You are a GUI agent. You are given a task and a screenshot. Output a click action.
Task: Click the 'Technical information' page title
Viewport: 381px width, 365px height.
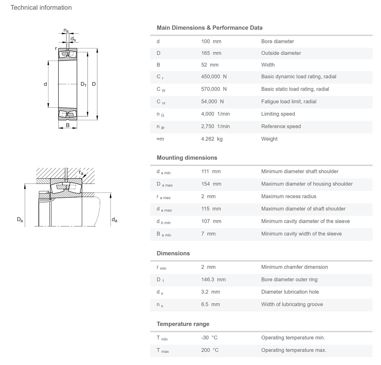click(41, 7)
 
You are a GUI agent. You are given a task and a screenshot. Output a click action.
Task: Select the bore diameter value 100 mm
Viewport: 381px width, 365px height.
click(211, 41)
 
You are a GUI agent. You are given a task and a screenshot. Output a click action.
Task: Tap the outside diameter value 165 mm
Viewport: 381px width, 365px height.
click(211, 53)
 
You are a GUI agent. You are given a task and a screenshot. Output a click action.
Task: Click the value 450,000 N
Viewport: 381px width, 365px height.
click(214, 77)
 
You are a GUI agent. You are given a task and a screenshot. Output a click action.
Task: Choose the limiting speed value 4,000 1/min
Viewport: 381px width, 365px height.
click(215, 114)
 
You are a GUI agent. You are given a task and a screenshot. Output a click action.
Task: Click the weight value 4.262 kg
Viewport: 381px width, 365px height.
click(212, 139)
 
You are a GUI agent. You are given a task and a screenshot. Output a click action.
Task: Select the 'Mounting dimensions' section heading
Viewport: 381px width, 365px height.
click(187, 158)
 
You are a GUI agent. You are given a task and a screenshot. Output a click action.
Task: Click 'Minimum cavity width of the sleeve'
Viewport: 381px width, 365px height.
click(301, 234)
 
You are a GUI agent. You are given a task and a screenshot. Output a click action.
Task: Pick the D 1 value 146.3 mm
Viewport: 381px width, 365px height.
click(213, 279)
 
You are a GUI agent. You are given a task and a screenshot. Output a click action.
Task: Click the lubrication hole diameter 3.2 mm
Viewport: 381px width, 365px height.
click(211, 292)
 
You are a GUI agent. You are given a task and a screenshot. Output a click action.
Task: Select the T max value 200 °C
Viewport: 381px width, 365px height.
click(210, 350)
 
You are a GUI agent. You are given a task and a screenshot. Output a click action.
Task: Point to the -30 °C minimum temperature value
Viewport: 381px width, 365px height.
click(209, 337)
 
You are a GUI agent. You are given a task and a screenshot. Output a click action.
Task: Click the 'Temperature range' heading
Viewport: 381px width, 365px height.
click(183, 324)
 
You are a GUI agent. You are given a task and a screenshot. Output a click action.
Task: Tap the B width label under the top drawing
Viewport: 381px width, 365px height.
click(68, 125)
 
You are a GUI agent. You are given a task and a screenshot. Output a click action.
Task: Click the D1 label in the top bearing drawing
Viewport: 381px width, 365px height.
click(84, 84)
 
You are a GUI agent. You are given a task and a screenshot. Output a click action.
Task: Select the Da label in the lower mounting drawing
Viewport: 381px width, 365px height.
click(20, 220)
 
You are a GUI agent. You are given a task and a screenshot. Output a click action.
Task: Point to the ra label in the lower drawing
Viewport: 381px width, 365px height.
click(81, 172)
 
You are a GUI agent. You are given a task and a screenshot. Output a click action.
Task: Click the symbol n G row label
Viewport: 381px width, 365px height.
click(160, 114)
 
